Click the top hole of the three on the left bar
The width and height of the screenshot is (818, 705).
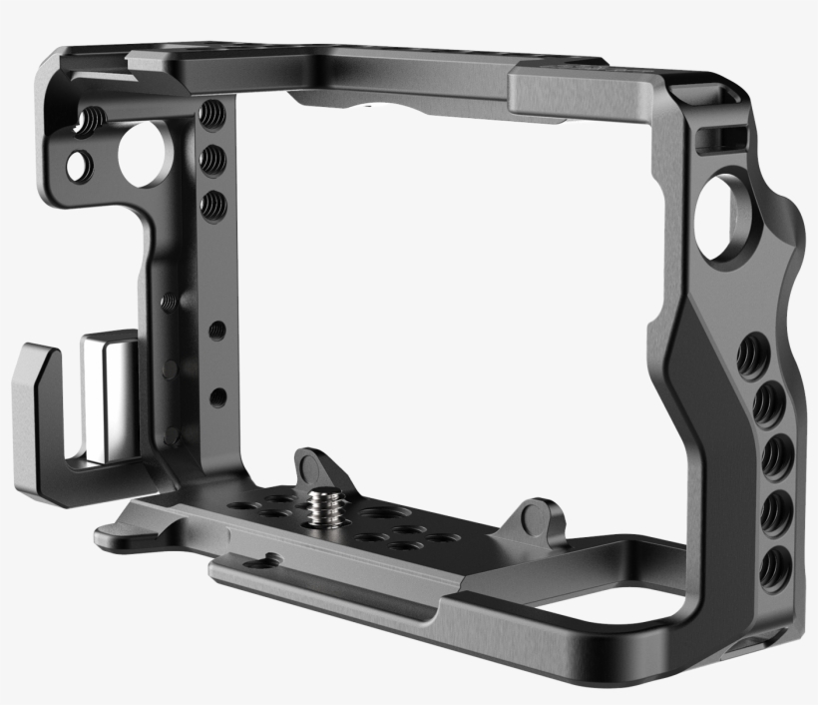point(210,113)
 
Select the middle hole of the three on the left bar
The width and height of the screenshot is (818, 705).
point(211,157)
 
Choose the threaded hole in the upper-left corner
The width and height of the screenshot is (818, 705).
point(89,121)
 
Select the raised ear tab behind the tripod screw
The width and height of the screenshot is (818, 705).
point(313,465)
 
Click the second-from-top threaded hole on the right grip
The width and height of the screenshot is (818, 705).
point(767,404)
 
